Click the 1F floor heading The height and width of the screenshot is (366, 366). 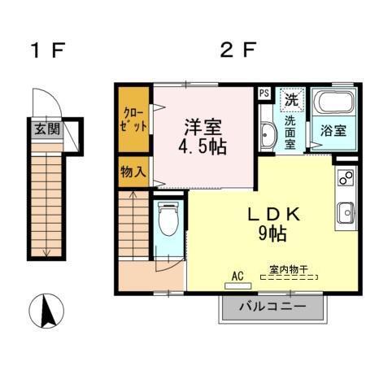tap(47, 50)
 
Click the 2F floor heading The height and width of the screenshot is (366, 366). tap(238, 50)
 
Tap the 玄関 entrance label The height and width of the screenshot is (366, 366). tap(46, 128)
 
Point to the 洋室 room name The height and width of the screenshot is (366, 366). tap(203, 127)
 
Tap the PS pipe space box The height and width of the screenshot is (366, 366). tap(264, 93)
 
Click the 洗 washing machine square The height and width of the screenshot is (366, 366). tap(291, 100)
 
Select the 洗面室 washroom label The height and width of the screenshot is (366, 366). tap(291, 133)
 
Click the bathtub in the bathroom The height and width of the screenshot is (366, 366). tap(333, 104)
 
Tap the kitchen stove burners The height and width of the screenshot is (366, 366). tap(345, 177)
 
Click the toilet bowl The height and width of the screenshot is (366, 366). tap(168, 220)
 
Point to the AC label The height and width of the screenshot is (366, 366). tap(238, 277)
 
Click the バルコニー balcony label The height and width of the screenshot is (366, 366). tap(272, 308)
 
